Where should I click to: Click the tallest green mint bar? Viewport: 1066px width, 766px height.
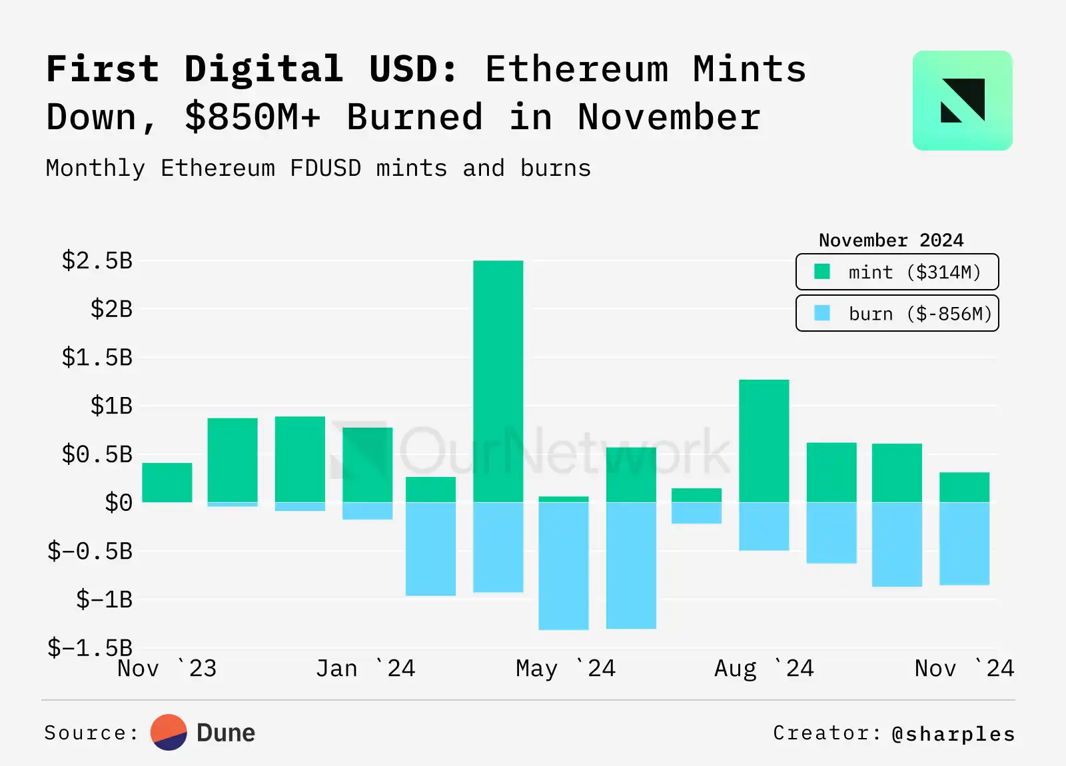pyautogui.click(x=498, y=381)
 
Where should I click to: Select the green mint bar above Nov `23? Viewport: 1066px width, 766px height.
pyautogui.click(x=167, y=482)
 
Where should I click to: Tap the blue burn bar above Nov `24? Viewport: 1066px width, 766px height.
pyautogui.click(x=964, y=544)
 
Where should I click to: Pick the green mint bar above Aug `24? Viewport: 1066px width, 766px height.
pyautogui.click(x=764, y=441)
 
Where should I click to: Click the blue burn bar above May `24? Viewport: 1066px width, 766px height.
pyautogui.click(x=564, y=566)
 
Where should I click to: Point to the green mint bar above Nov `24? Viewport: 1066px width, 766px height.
pyautogui.click(x=964, y=487)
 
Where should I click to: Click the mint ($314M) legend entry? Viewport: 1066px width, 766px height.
pyautogui.click(x=897, y=272)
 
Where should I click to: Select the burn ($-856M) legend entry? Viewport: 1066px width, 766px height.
pyautogui.click(x=897, y=313)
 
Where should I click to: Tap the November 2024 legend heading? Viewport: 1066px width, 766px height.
pyautogui.click(x=891, y=240)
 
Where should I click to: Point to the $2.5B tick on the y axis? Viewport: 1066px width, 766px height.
pyautogui.click(x=97, y=260)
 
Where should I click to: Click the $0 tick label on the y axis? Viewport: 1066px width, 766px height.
pyautogui.click(x=119, y=502)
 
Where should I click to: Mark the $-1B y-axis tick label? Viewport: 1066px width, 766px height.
pyautogui.click(x=104, y=599)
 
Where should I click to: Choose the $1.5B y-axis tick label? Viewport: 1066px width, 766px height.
pyautogui.click(x=97, y=357)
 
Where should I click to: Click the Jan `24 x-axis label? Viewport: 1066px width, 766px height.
pyautogui.click(x=365, y=668)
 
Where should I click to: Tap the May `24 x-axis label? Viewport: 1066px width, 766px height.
pyautogui.click(x=565, y=668)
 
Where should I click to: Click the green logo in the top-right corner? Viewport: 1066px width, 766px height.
pyautogui.click(x=962, y=101)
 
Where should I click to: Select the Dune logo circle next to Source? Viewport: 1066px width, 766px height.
pyautogui.click(x=169, y=732)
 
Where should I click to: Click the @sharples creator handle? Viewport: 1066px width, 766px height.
pyautogui.click(x=953, y=733)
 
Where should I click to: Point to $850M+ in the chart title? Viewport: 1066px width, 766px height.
pyautogui.click(x=253, y=117)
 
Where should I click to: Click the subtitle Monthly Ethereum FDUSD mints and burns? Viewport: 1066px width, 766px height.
pyautogui.click(x=318, y=168)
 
